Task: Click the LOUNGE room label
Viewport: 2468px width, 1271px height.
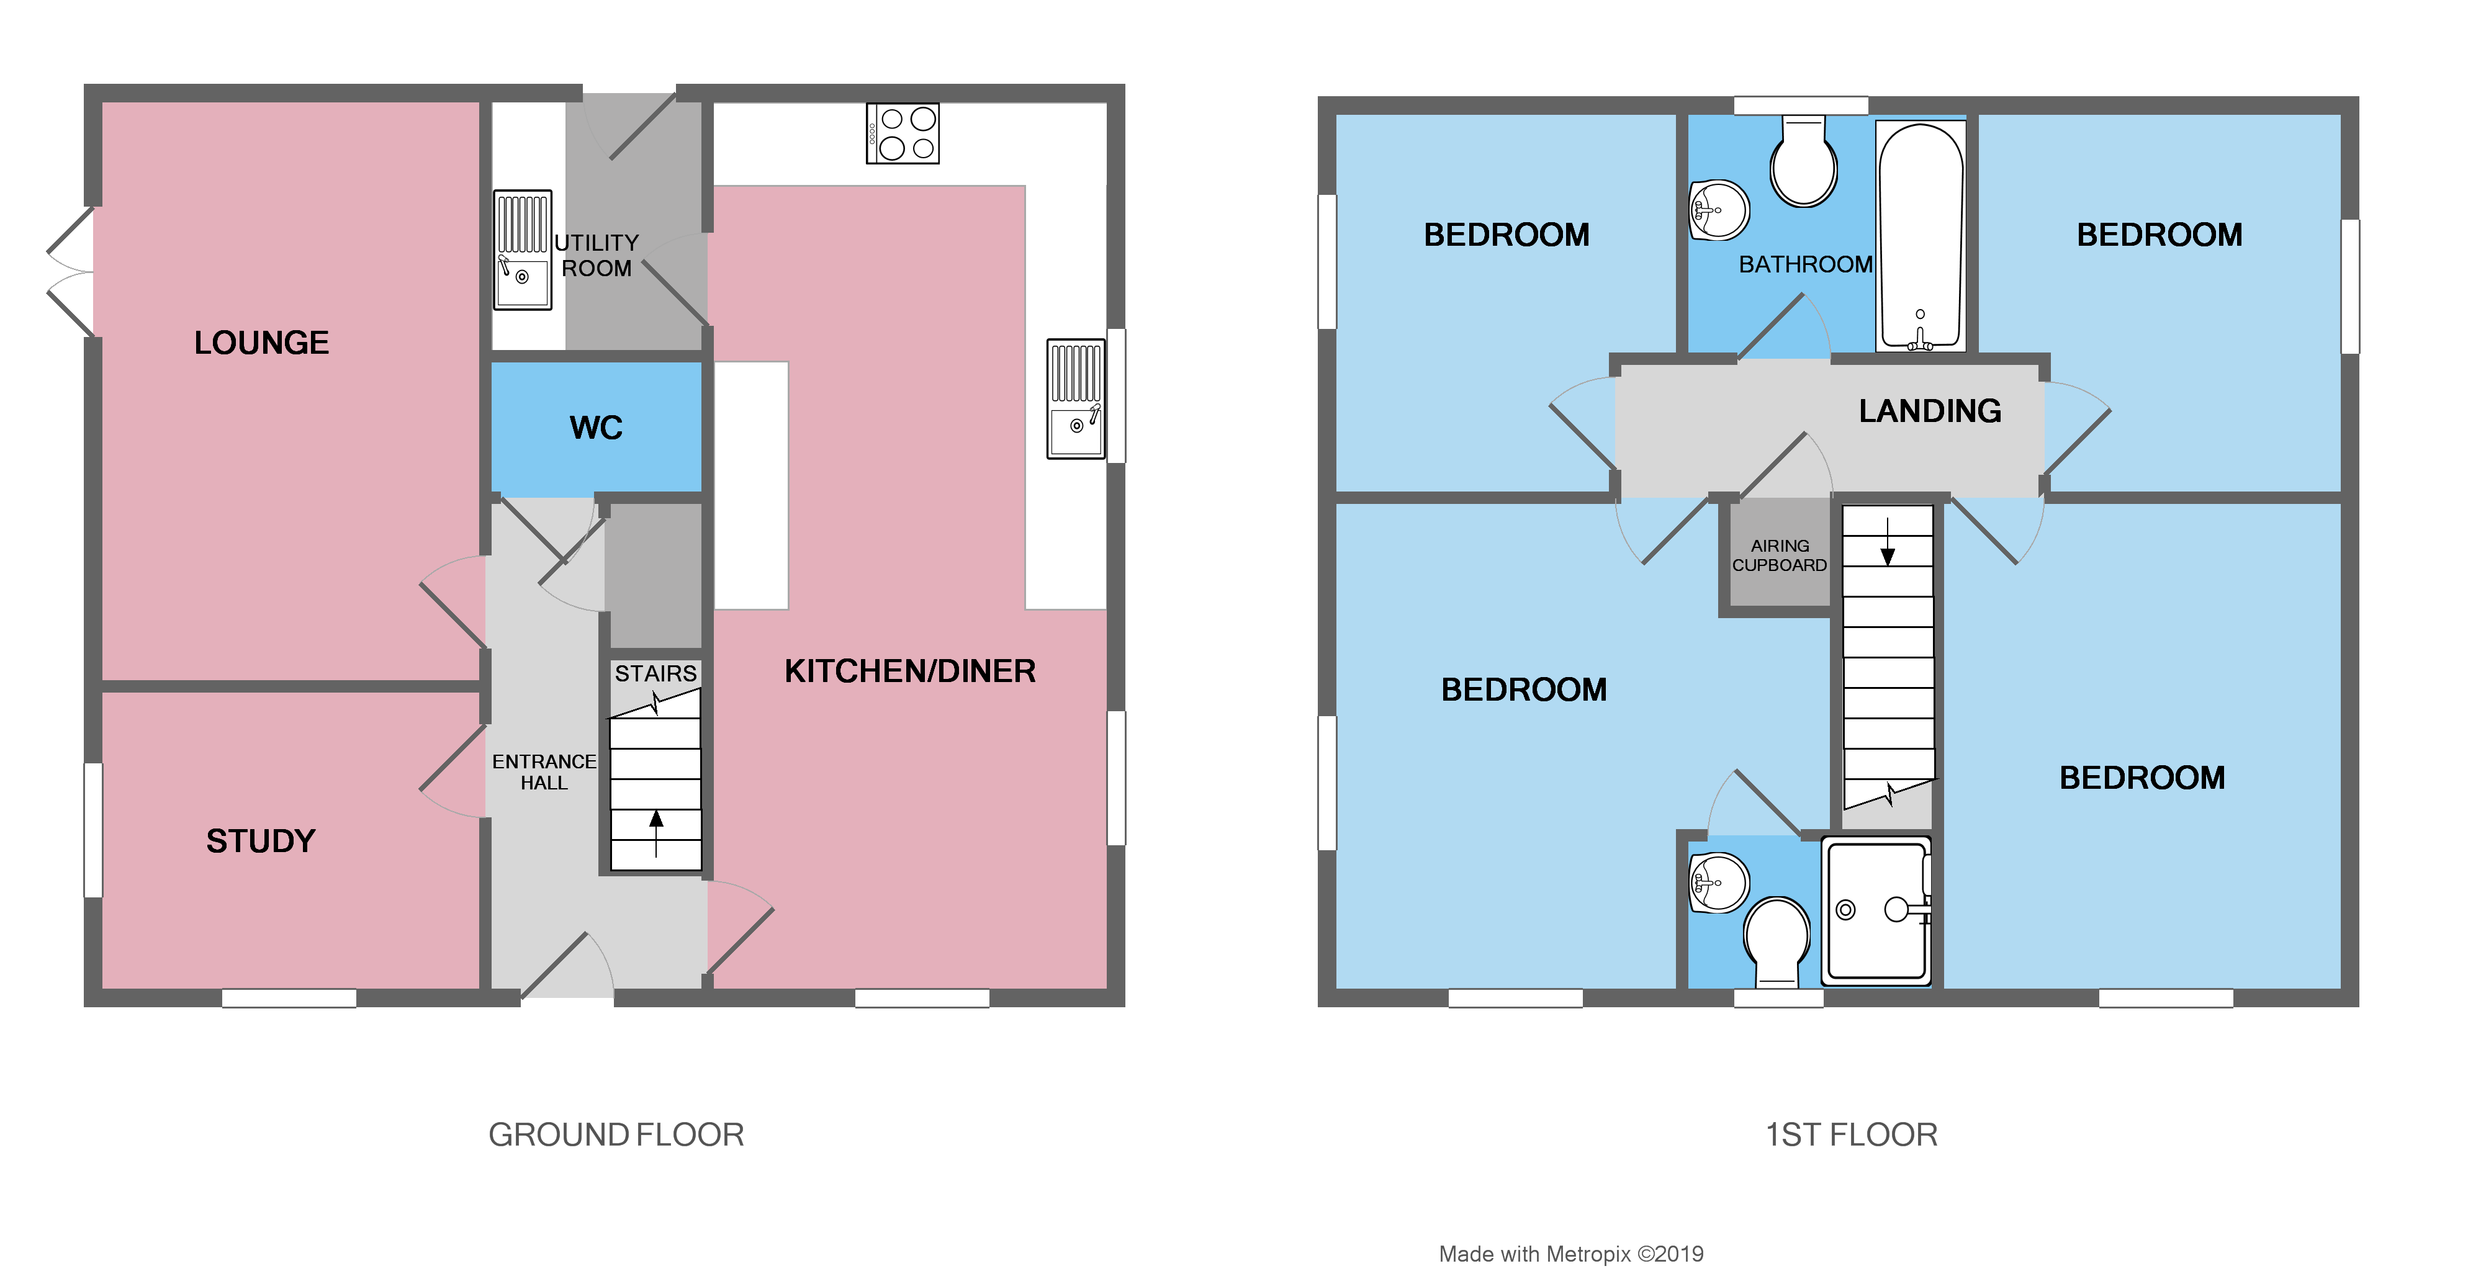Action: (x=261, y=343)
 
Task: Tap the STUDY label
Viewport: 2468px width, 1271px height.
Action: (x=261, y=841)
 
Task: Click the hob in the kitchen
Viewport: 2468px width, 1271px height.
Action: (x=903, y=133)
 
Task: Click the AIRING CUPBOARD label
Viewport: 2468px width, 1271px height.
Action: (x=1779, y=555)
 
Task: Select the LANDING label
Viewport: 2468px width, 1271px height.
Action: (x=1930, y=411)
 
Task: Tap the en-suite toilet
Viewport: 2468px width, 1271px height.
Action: (x=1777, y=941)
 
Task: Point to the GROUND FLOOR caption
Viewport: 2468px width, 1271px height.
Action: (x=616, y=1135)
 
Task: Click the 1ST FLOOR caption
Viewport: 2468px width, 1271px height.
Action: (x=1851, y=1135)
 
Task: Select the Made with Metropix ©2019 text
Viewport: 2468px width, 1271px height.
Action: (x=1571, y=1254)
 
